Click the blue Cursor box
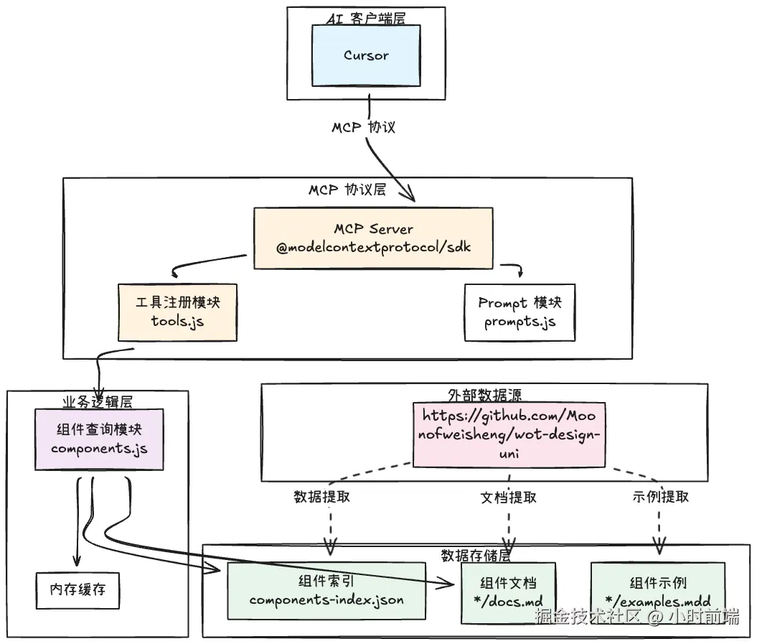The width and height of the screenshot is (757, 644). [366, 55]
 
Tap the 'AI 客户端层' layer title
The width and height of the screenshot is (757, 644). [366, 18]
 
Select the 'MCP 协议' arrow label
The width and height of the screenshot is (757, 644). [363, 127]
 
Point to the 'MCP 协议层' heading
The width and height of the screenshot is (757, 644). [347, 190]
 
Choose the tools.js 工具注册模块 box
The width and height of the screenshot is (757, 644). [177, 312]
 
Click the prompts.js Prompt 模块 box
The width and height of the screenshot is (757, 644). [519, 312]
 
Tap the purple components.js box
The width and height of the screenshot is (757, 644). [99, 439]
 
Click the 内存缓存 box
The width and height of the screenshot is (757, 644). [77, 590]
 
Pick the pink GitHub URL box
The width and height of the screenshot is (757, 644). [509, 434]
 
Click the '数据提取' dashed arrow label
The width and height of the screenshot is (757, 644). [321, 497]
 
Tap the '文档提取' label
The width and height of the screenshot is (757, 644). [508, 497]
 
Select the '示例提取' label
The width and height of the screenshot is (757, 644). [661, 497]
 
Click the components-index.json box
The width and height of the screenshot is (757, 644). [326, 591]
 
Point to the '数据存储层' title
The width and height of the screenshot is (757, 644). [475, 556]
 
